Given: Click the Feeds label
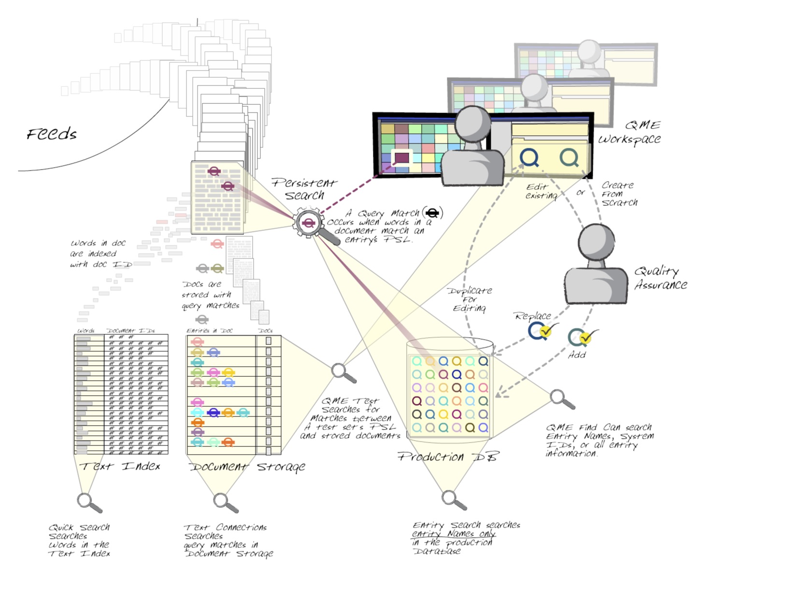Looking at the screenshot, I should (52, 134).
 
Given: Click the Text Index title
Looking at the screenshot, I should (120, 466).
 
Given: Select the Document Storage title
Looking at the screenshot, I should (247, 467).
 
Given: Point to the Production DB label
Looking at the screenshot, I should (448, 457).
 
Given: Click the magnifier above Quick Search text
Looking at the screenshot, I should (85, 500).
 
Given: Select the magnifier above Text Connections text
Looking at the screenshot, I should (221, 500).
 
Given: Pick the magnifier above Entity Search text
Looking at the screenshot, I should (449, 498).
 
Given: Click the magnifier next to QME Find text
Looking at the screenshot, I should (558, 397).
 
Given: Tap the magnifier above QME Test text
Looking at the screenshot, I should (340, 371).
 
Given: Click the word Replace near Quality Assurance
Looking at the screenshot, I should (532, 316).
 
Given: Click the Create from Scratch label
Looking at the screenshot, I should (619, 194).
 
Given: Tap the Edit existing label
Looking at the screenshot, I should (541, 191).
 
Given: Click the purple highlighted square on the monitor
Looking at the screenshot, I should (402, 158).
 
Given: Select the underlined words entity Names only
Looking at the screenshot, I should (454, 534).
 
